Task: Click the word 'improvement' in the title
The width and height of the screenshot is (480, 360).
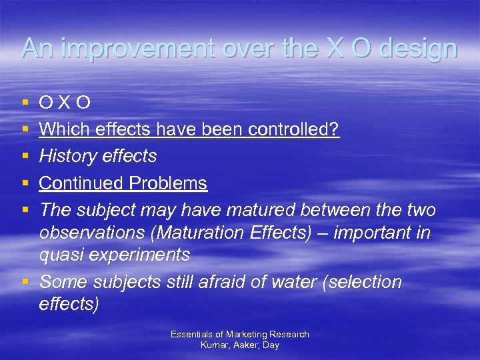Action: (x=121, y=49)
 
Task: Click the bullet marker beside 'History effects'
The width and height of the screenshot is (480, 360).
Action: (x=25, y=157)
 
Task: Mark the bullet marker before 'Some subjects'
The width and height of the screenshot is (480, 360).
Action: (x=25, y=282)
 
